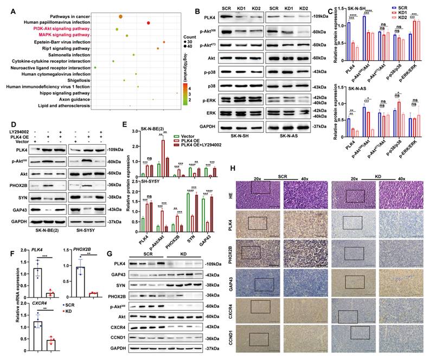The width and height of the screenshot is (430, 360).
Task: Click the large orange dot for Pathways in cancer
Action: pyautogui.click(x=120, y=16)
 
